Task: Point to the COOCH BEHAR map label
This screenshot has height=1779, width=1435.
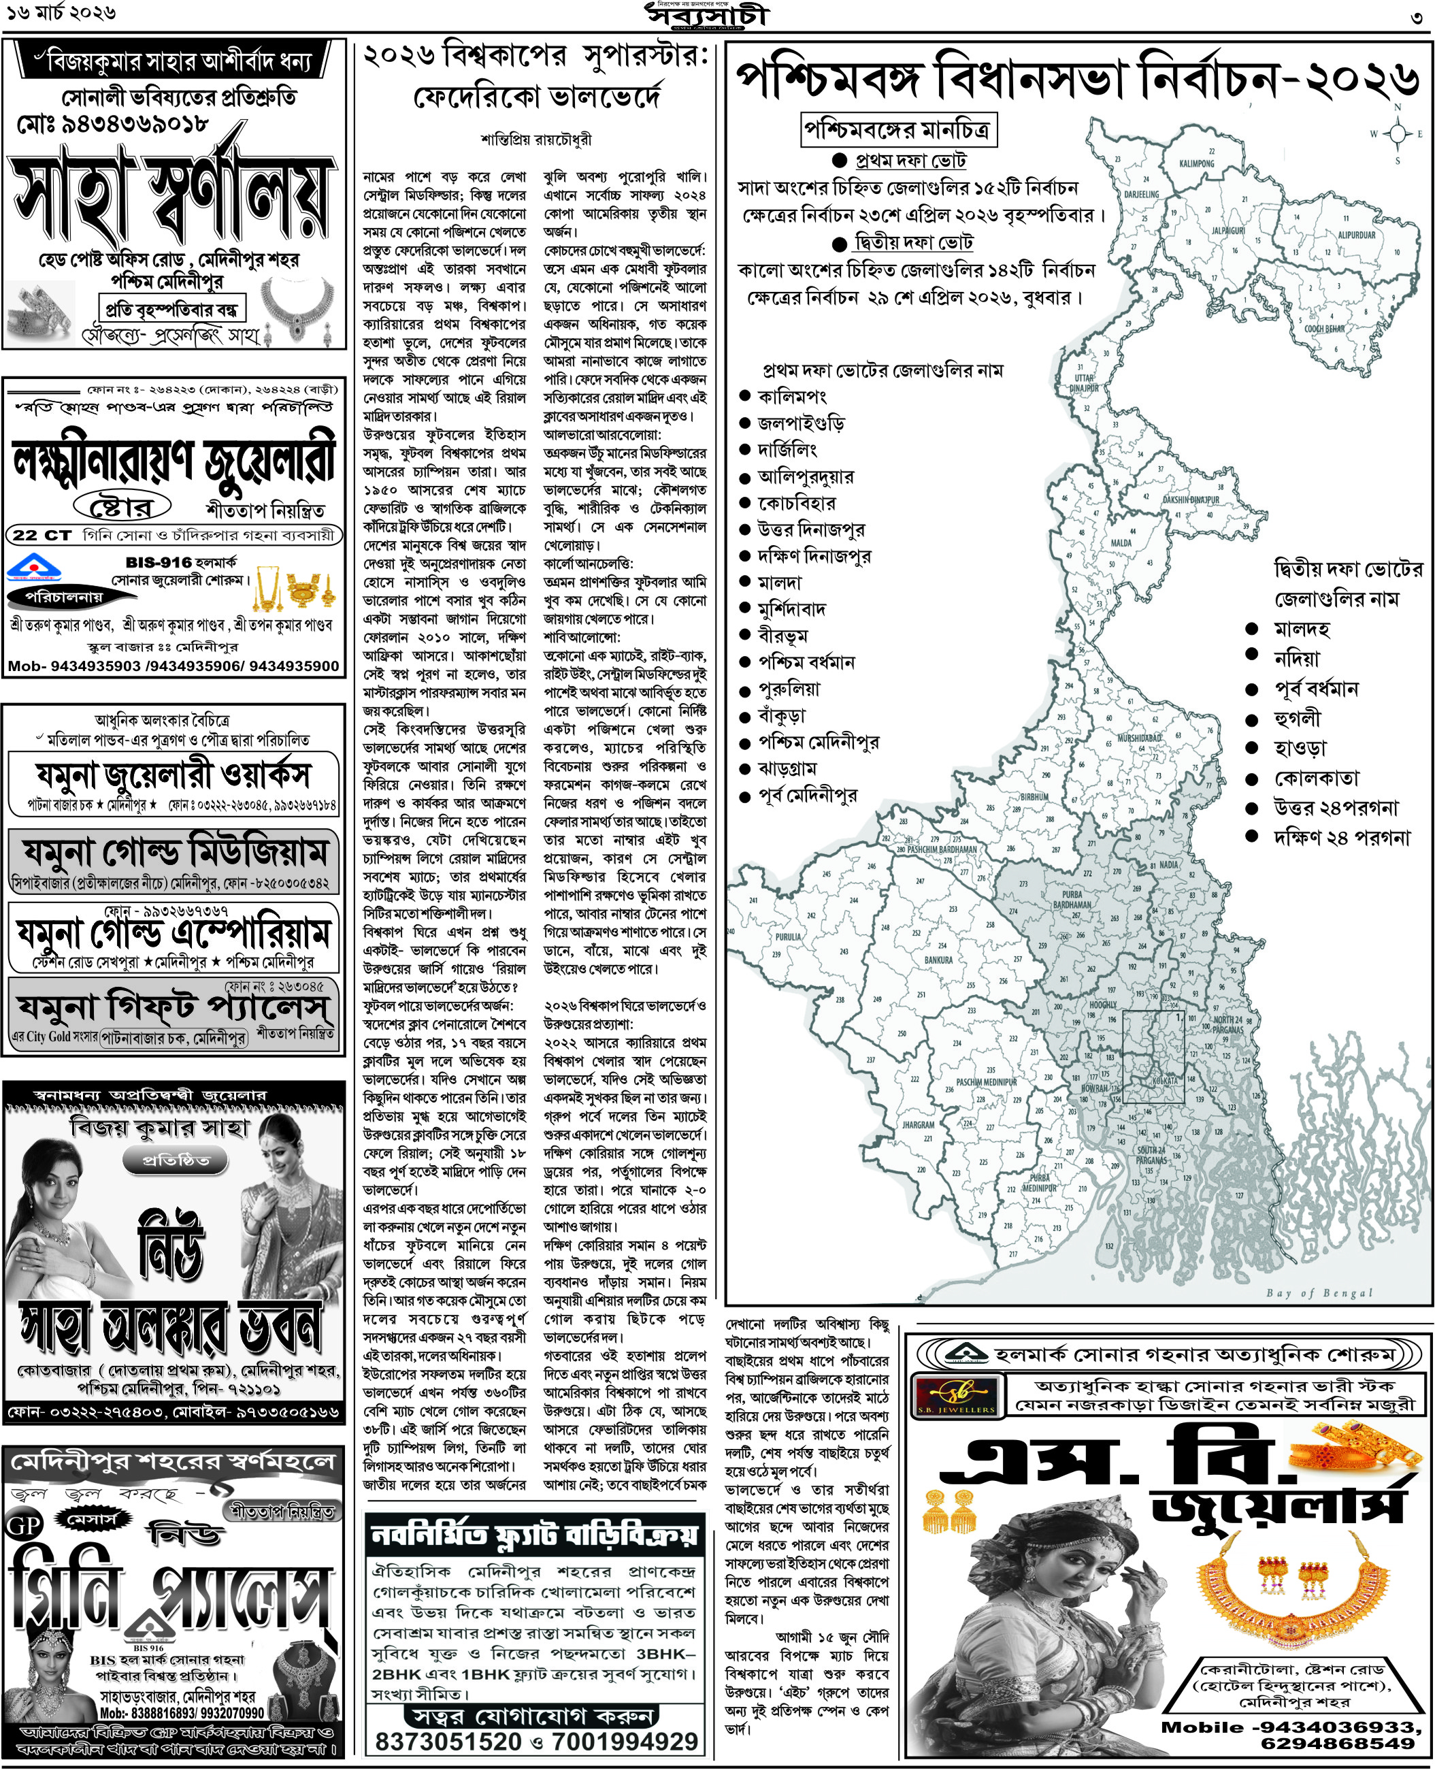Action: (1324, 327)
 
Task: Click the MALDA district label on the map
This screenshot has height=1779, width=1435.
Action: (1122, 542)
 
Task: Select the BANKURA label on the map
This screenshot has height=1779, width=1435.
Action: (938, 960)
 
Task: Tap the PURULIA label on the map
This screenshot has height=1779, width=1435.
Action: (788, 936)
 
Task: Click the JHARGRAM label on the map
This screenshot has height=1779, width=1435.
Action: (919, 1124)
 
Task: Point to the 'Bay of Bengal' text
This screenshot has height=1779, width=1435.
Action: (1319, 1293)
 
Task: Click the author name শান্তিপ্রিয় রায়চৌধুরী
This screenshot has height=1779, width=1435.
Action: (535, 140)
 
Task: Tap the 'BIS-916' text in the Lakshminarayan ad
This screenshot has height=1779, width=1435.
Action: (159, 562)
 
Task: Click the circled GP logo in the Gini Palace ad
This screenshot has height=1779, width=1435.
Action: (23, 1525)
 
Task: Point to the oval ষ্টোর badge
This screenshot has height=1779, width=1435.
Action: (122, 505)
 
